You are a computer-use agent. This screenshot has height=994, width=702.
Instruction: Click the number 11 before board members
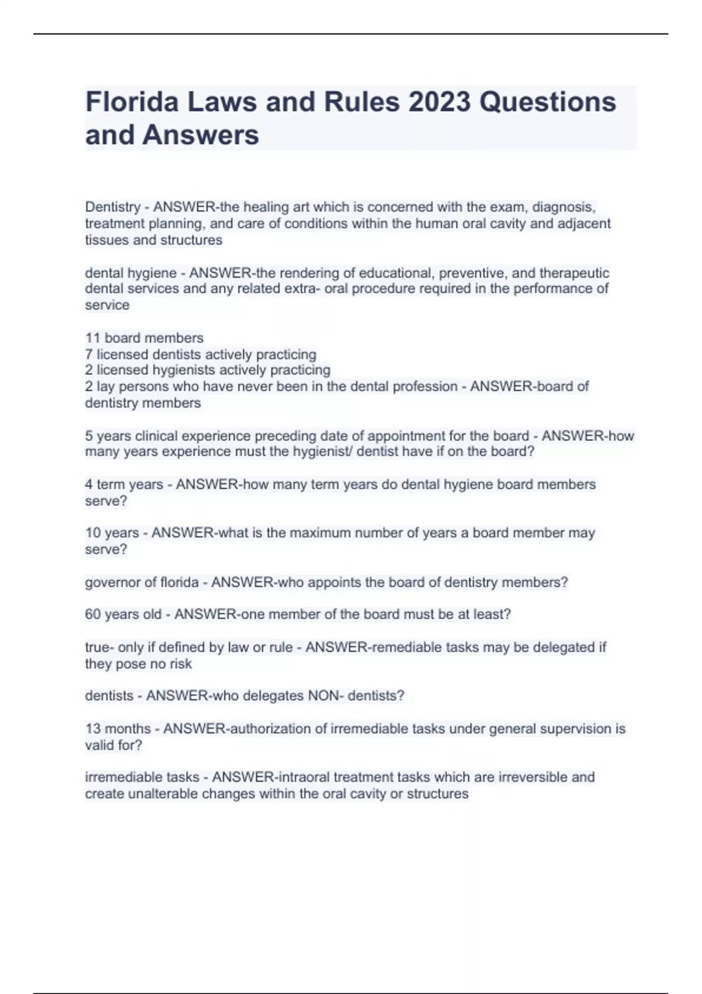[x=93, y=338]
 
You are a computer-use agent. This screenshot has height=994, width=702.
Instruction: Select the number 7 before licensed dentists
[x=89, y=354]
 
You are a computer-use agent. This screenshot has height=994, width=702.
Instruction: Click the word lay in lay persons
[x=106, y=386]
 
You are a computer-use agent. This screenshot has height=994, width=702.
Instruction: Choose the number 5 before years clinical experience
[x=89, y=436]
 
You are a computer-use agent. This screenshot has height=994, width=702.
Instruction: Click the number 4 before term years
[x=89, y=485]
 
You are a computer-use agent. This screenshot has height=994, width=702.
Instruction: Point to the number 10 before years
[x=93, y=533]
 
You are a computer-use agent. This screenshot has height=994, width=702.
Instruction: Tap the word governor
[x=112, y=583]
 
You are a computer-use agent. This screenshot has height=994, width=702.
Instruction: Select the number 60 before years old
[x=94, y=615]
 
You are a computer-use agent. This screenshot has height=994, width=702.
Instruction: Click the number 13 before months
[x=93, y=729]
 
